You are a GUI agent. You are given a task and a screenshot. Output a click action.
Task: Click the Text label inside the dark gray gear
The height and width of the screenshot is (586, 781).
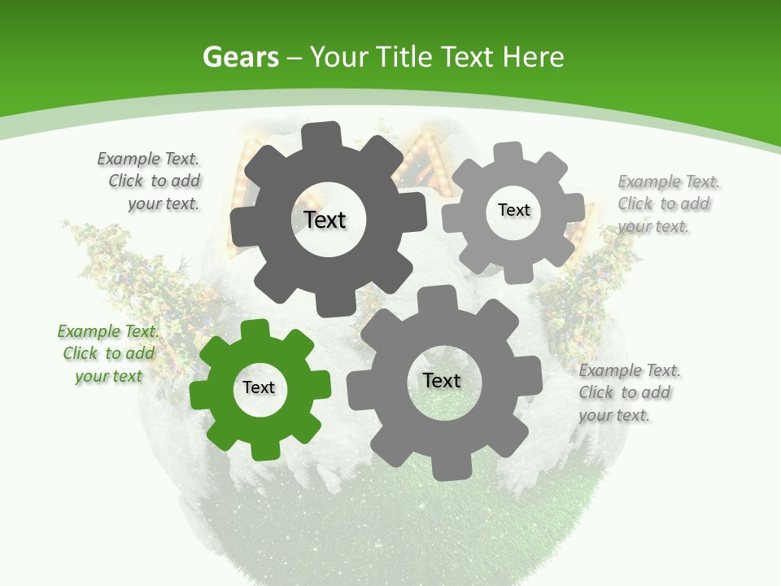(x=325, y=220)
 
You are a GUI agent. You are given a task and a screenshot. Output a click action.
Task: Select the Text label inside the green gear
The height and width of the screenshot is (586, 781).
(x=259, y=387)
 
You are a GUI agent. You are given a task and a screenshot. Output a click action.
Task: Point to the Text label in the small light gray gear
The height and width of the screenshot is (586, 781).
(x=514, y=210)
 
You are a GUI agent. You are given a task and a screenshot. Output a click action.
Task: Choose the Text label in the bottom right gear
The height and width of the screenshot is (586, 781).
(x=442, y=380)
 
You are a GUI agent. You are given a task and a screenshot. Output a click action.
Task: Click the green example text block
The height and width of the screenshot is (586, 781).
(x=108, y=354)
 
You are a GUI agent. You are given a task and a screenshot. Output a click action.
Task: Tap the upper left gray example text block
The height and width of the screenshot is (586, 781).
(x=150, y=181)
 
